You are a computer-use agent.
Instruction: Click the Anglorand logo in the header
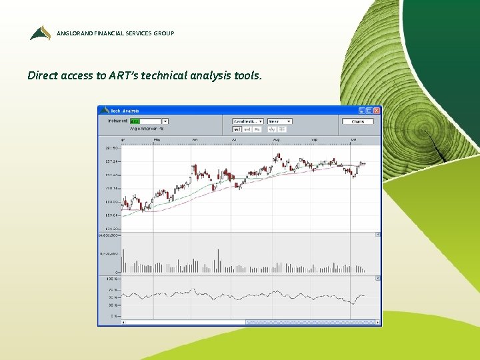pos(40,33)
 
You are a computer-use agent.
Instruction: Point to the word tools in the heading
pos(247,75)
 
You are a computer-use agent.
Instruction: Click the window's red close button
pos(377,110)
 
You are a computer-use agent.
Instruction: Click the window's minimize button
pos(362,110)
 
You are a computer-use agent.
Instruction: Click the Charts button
pos(358,121)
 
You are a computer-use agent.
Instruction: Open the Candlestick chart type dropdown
pos(248,121)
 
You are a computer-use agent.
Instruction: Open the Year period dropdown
pos(279,121)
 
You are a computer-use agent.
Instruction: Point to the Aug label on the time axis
pos(276,140)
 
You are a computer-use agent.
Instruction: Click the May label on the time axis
pos(157,140)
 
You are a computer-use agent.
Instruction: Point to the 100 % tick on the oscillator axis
pos(111,278)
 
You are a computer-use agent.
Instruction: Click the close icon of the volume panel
pos(377,235)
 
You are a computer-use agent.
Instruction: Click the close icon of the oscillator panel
pos(377,277)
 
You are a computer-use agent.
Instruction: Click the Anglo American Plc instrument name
pos(147,129)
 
